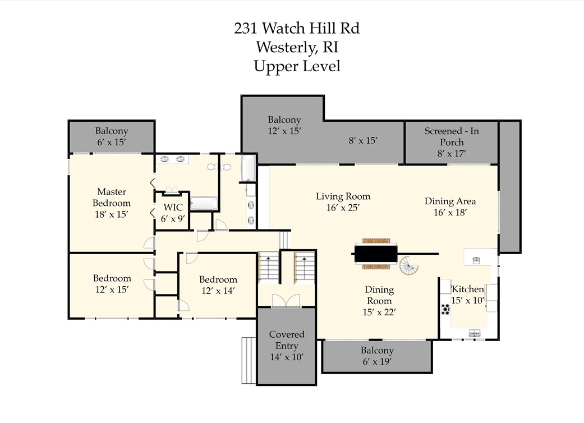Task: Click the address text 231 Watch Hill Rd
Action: coord(297,28)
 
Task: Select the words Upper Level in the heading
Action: coord(297,66)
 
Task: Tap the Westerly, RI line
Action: coord(297,47)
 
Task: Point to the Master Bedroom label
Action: coord(112,203)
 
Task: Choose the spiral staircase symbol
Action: coord(409,266)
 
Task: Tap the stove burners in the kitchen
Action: coord(447,309)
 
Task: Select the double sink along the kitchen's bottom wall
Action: coord(475,333)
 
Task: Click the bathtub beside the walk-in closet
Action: coord(204,203)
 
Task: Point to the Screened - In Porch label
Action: coord(452,142)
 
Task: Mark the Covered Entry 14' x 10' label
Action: coord(287,346)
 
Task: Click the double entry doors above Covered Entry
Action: coord(286,301)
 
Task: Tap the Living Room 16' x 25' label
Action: coord(343,201)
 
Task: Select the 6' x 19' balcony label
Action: coord(377,356)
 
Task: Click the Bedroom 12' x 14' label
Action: coord(218,285)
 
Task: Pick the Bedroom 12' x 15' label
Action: coord(112,284)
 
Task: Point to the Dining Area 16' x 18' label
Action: coord(450,206)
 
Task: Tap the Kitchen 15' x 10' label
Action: coord(468,295)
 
